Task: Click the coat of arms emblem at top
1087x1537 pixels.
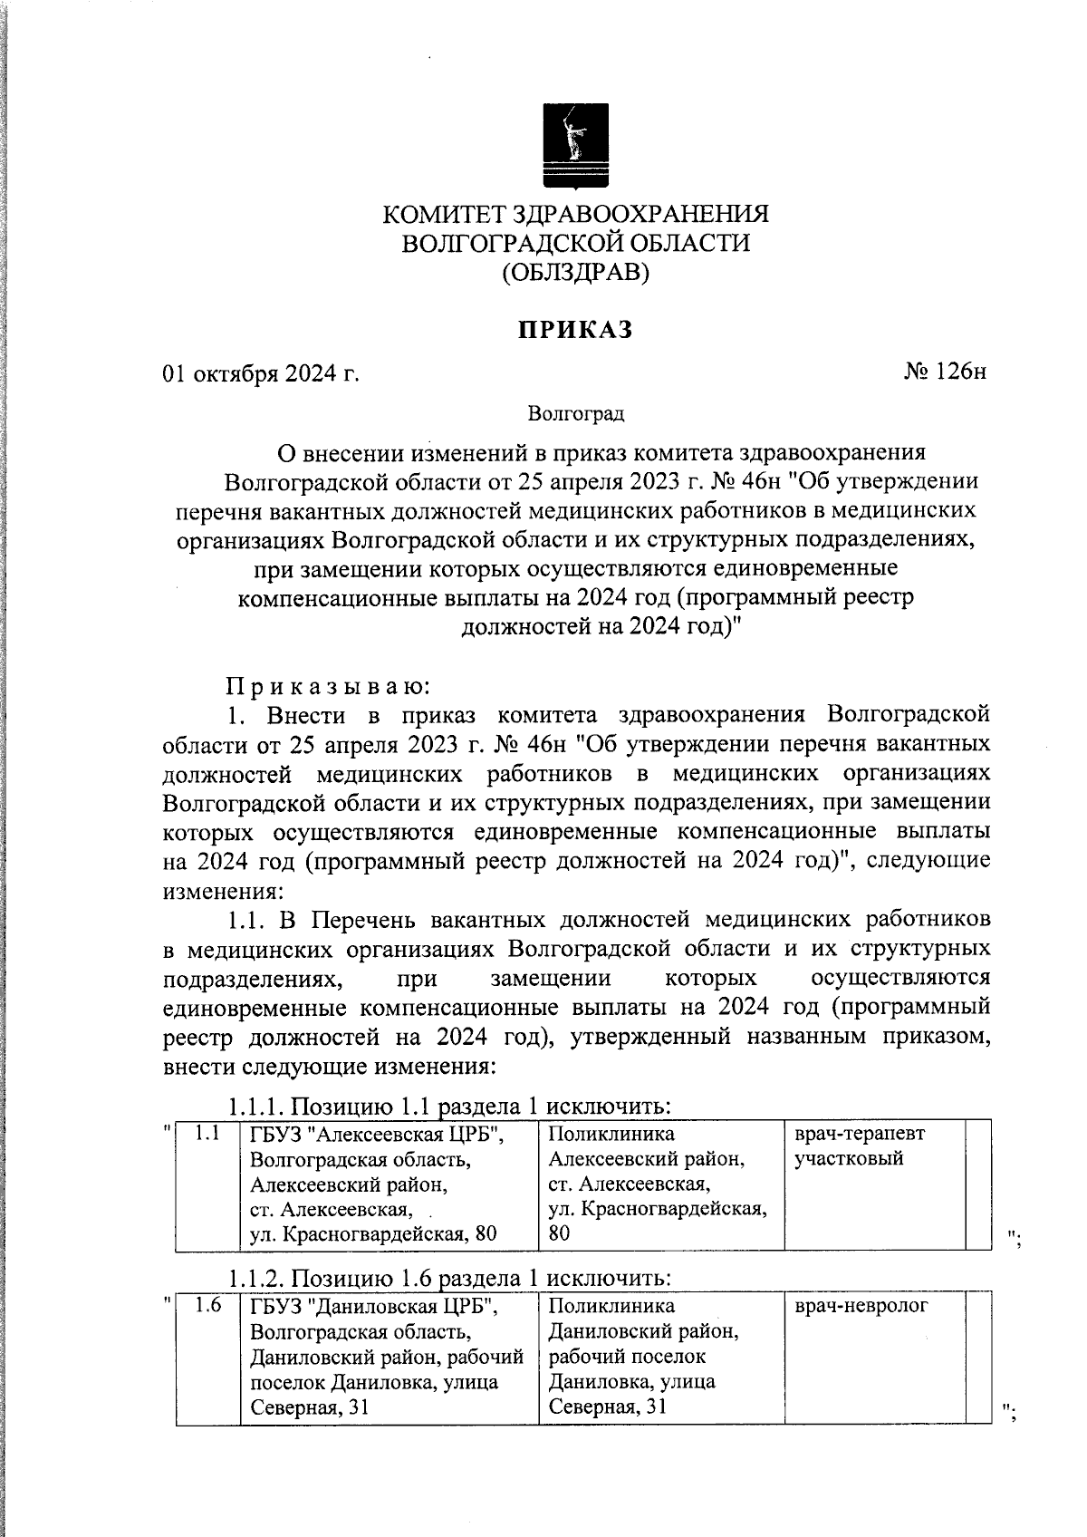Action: coord(575,145)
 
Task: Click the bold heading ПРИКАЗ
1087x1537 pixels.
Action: coord(575,331)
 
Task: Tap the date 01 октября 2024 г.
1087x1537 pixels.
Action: coord(261,373)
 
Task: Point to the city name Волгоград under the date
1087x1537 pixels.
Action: coord(576,414)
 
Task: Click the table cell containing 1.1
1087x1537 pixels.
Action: coord(208,1133)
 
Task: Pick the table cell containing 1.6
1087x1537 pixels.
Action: coord(208,1307)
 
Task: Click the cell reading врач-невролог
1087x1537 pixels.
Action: coord(861,1307)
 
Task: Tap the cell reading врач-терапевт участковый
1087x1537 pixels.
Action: coord(860,1145)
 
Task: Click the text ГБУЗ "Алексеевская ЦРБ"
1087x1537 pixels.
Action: coord(377,1135)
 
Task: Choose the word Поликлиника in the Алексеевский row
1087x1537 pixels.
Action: coord(611,1134)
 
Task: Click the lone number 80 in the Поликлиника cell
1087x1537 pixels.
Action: coord(560,1233)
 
